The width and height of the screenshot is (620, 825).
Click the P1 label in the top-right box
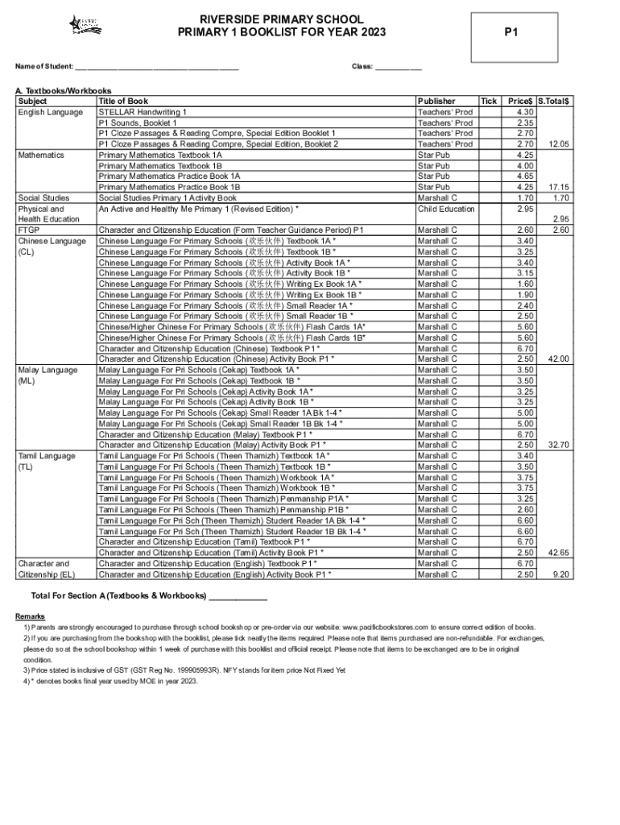(x=510, y=32)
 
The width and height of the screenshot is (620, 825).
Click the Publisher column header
(x=436, y=102)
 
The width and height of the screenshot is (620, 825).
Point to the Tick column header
(x=489, y=102)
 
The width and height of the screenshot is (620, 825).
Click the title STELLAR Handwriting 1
(x=143, y=112)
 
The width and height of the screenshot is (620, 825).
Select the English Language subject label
(x=50, y=112)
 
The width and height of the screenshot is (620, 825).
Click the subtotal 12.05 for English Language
(x=558, y=144)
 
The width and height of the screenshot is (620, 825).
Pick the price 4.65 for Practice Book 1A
(x=525, y=176)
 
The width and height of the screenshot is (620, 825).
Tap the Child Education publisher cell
(x=446, y=209)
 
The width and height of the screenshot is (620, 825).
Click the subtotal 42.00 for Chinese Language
(x=558, y=359)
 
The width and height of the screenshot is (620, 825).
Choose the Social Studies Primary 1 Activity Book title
(x=167, y=198)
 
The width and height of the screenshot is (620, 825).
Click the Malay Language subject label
(x=48, y=370)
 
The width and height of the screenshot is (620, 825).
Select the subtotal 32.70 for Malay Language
(x=558, y=445)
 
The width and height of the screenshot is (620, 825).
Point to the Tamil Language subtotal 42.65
(x=558, y=553)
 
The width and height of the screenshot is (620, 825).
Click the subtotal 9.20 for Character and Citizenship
(x=560, y=574)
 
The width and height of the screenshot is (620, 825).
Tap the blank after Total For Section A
(x=238, y=596)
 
